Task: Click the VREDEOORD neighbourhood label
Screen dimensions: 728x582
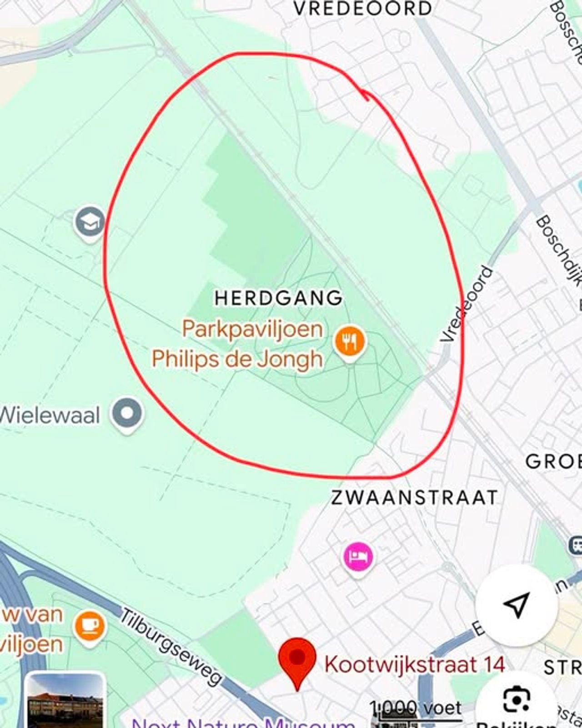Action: tap(362, 9)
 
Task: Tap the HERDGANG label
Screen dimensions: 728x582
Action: tap(278, 298)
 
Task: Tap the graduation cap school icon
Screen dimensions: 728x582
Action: tap(90, 222)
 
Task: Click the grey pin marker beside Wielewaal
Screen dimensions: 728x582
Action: tap(128, 414)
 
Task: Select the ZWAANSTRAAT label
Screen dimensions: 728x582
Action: tap(414, 497)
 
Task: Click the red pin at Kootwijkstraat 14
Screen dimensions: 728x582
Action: tap(297, 659)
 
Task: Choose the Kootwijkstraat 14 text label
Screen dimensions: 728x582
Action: tap(414, 664)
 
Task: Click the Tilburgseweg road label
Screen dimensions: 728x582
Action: tap(171, 646)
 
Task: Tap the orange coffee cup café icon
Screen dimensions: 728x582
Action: tap(90, 627)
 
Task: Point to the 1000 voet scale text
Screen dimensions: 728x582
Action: tap(416, 708)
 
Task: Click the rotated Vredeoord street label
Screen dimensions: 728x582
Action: tap(467, 304)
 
